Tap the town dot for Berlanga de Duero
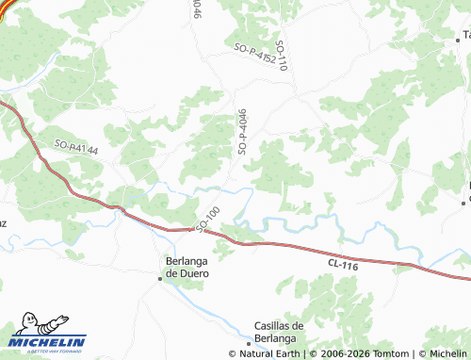point(160,277)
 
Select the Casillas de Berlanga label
point(275,333)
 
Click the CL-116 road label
point(345,267)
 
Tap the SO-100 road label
point(207,219)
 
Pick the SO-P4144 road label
point(76,147)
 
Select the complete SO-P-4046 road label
point(242,130)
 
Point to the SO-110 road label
point(282,57)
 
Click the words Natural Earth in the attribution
point(269,354)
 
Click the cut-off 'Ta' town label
point(465,34)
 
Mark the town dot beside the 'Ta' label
point(458,41)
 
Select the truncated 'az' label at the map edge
point(3,222)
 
